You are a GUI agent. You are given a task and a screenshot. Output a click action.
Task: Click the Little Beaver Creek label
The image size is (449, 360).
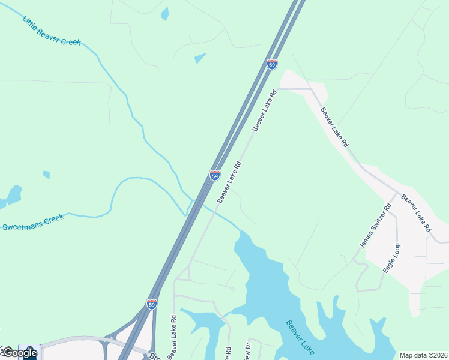coord(52,31)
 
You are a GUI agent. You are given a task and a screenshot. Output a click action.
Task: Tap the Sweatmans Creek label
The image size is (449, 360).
coord(32,223)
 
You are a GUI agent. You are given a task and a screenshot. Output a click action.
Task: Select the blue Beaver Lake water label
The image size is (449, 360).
coord(300,337)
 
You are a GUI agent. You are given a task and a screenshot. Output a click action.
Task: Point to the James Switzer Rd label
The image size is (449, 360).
coord(375,226)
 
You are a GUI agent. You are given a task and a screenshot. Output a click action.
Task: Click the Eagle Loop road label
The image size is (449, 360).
coord(392,259)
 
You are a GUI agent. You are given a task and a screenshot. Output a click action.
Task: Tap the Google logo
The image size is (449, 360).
coord(19,353)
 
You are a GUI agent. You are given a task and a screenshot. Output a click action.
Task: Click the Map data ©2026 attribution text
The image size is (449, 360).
coord(424,355)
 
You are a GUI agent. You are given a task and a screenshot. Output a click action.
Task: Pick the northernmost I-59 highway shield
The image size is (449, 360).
coord(272,64)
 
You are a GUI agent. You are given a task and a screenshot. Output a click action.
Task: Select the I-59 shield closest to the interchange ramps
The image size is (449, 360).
coord(152,304)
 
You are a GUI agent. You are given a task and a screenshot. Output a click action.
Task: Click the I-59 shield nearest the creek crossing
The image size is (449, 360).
coord(214,175)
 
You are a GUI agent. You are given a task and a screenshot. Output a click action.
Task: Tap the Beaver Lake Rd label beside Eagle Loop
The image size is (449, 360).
coord(416,213)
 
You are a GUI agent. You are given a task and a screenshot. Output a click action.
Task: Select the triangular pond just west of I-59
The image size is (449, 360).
coord(199,58)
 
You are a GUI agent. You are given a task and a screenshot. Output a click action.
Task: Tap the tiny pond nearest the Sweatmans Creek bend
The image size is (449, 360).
coord(46,175)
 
